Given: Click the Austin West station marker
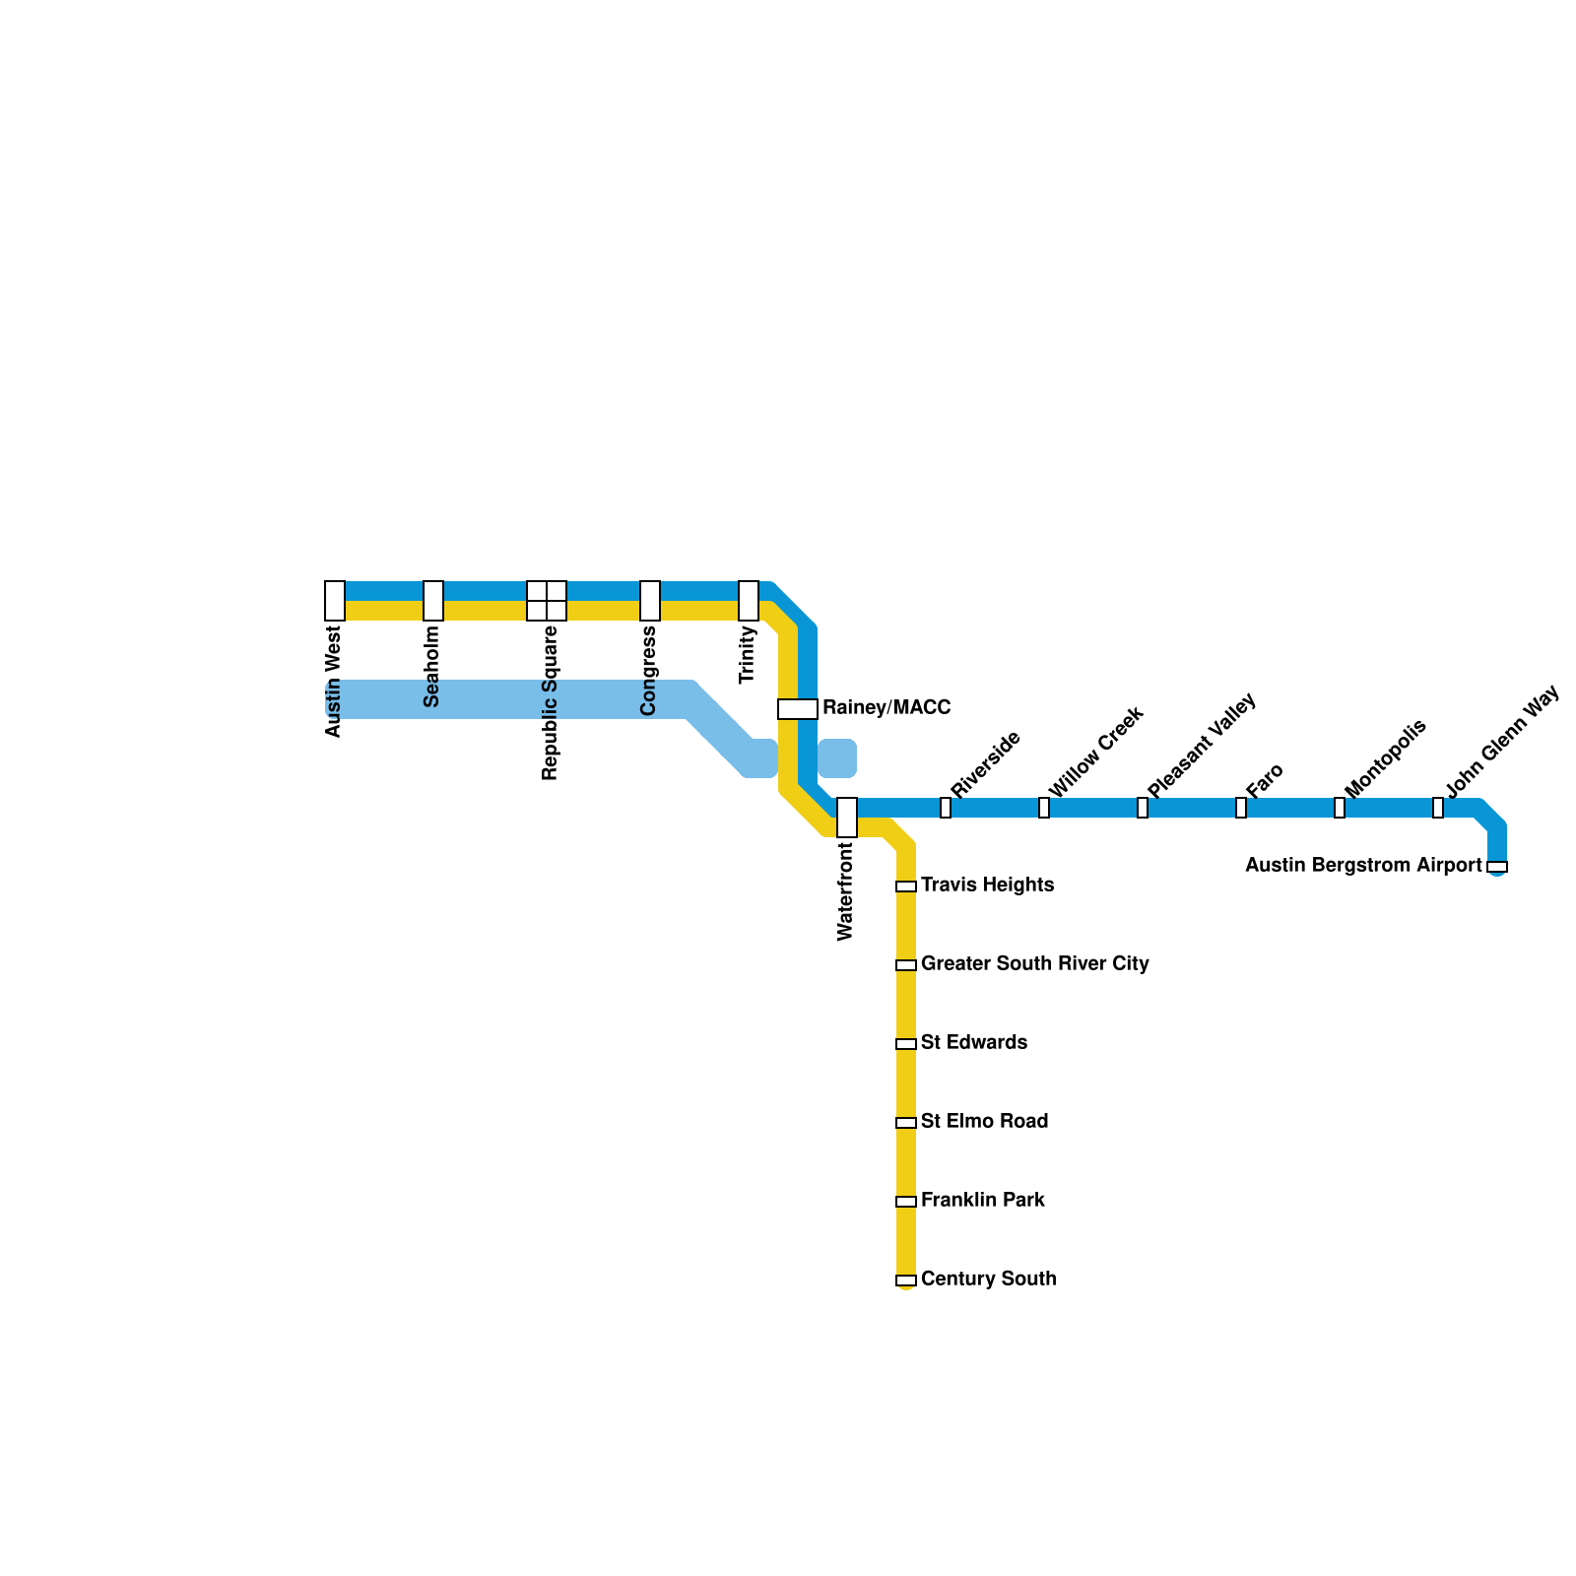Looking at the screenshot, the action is [335, 601].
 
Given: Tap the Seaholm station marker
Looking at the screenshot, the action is [433, 601].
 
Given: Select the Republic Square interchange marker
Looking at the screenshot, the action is [547, 601].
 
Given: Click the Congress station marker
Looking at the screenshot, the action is [650, 601].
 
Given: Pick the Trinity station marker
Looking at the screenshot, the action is [749, 601].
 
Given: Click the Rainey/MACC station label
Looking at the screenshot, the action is [886, 707].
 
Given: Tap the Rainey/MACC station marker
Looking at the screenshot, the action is [798, 709].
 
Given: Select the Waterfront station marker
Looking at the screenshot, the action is [847, 818].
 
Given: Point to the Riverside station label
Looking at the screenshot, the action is [985, 765].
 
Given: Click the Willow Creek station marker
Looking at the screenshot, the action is [1044, 808].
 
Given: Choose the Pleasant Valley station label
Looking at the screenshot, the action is [1202, 746].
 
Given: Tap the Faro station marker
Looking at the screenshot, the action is [1241, 808].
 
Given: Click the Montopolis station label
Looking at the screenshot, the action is [1385, 759].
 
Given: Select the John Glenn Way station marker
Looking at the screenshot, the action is [1438, 808].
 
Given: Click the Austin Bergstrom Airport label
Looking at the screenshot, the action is [1363, 865].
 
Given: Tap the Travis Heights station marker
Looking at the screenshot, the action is [906, 886].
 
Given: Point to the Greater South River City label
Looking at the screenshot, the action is [1034, 963].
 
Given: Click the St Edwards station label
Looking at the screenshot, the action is [973, 1042].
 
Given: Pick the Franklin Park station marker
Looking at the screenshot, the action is [906, 1202].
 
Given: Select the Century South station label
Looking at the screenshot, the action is [988, 1279].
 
